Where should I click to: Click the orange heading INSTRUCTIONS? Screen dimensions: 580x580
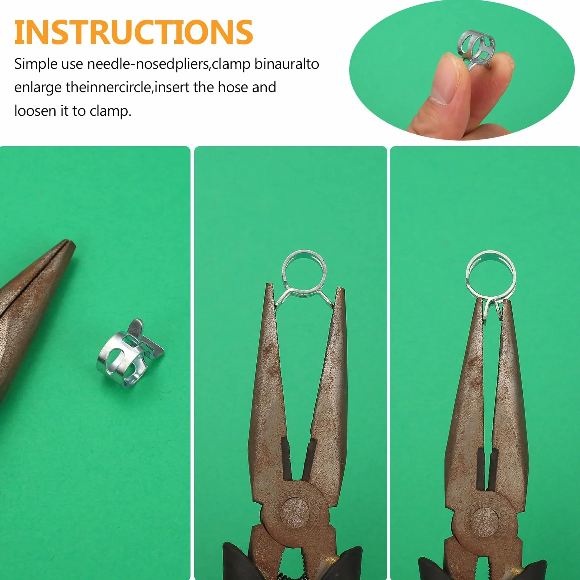tap(133, 32)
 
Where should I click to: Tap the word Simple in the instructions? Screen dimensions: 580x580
tap(36, 64)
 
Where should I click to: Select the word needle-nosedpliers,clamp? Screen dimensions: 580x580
tap(169, 64)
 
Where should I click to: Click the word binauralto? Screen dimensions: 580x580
tap(287, 64)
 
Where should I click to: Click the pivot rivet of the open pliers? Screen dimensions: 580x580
tap(295, 512)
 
